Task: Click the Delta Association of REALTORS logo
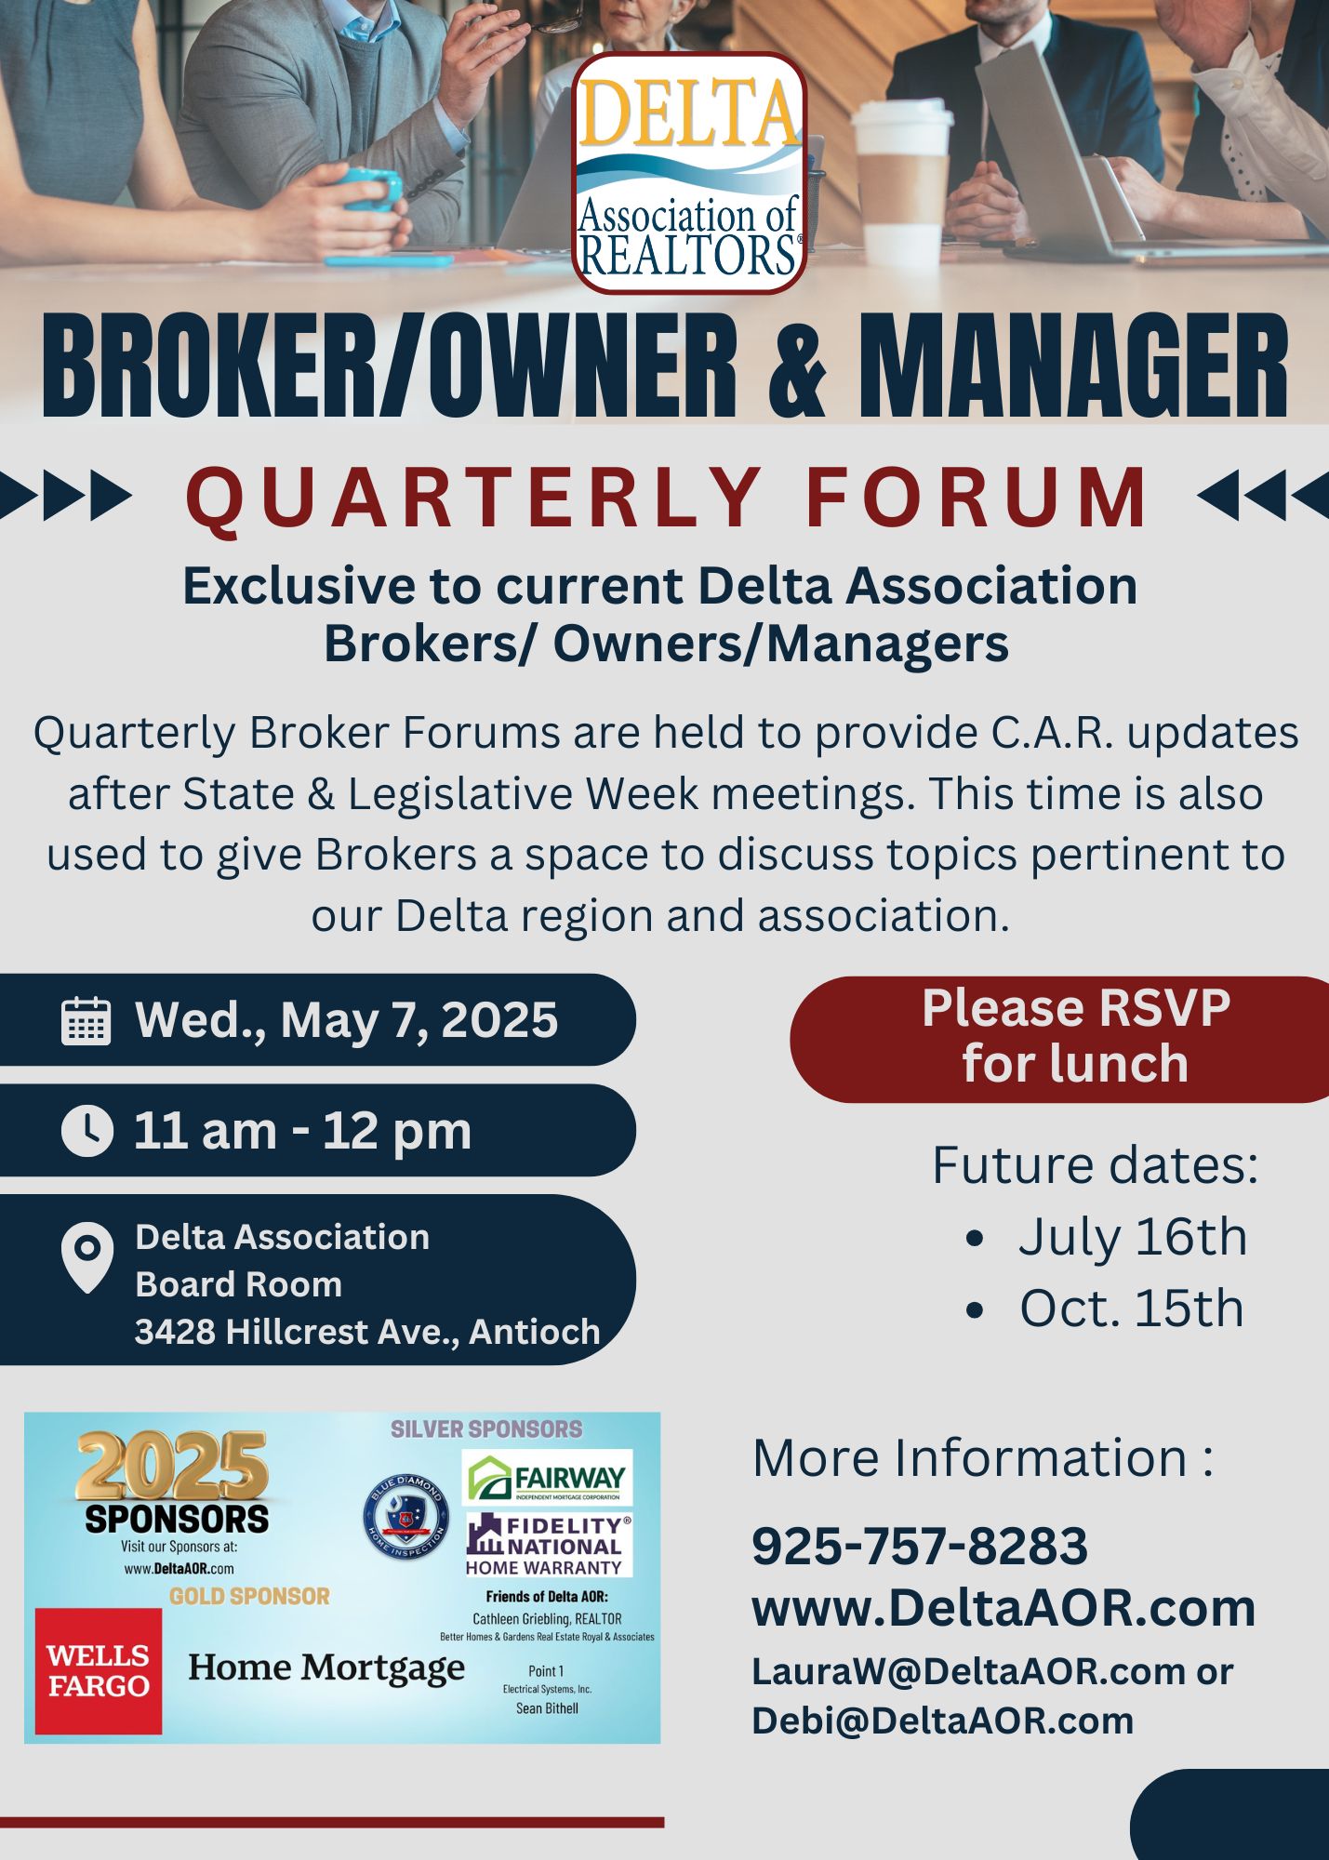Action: point(689,174)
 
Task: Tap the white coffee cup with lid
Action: point(901,185)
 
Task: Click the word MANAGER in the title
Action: point(1073,365)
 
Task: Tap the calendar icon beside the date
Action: point(86,1020)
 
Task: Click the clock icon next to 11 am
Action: point(86,1131)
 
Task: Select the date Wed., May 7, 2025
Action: point(346,1020)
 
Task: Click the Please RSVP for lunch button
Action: point(1060,1039)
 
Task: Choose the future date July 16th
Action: point(1132,1237)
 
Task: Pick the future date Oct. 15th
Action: point(1132,1309)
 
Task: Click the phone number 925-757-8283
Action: point(920,1546)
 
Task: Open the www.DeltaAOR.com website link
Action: point(1003,1607)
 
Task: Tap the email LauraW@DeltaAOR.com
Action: point(968,1671)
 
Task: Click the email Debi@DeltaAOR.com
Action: point(942,1720)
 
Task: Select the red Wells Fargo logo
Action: point(99,1671)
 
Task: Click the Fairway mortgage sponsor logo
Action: point(547,1478)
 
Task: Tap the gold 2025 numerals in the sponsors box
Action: point(173,1467)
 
